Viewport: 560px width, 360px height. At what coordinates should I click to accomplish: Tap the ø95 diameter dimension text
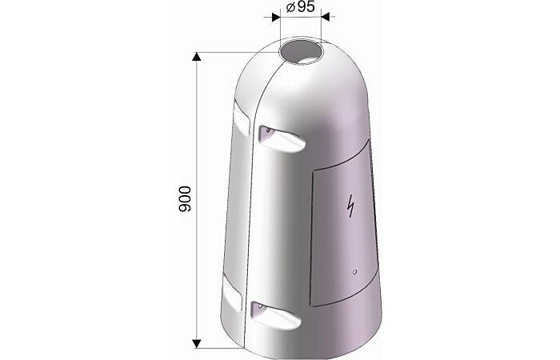(x=300, y=10)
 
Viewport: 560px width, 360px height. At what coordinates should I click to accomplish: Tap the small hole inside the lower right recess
(x=260, y=306)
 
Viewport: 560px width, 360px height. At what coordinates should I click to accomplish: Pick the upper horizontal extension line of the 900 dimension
(x=232, y=53)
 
